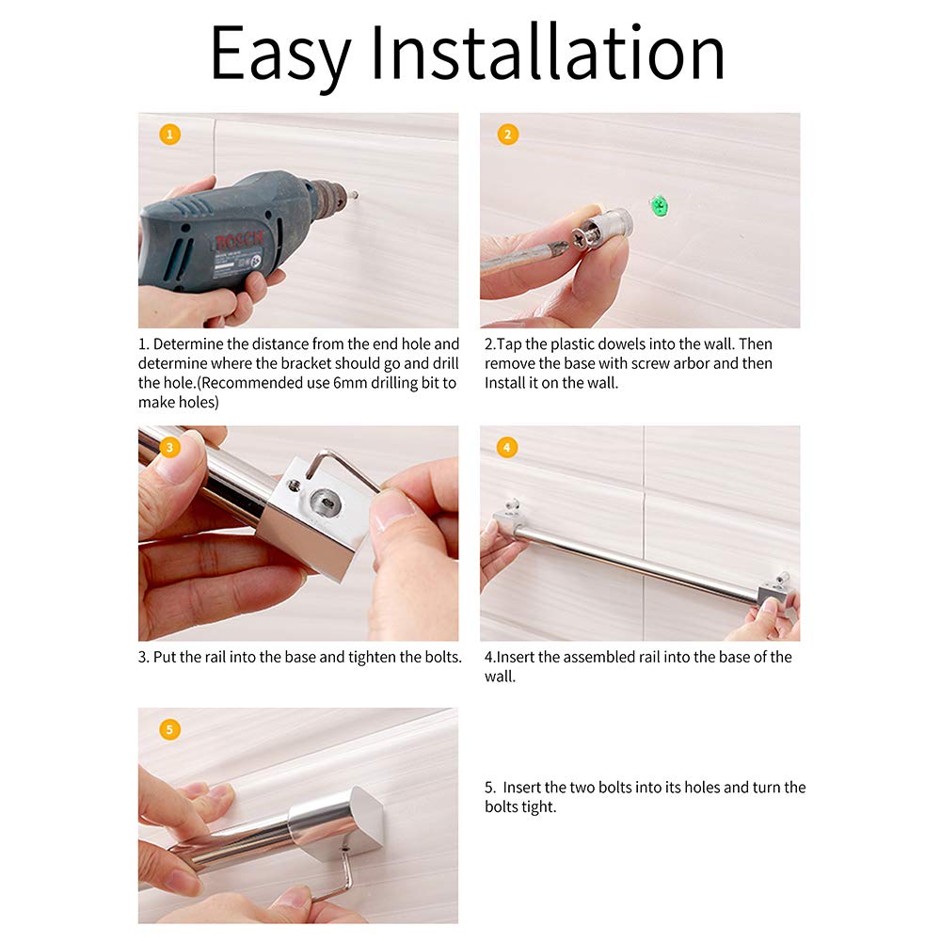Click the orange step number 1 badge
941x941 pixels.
coord(169,134)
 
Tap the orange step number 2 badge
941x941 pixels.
coord(508,134)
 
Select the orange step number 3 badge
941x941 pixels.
coord(169,447)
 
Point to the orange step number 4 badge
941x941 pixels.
coord(507,447)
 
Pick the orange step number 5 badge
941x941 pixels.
coord(169,729)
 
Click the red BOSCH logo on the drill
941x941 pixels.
coord(239,240)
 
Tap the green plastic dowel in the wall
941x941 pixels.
coord(659,206)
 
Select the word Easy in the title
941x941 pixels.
coord(279,54)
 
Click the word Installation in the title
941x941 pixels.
coord(548,52)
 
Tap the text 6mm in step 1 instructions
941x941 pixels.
coord(350,383)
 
